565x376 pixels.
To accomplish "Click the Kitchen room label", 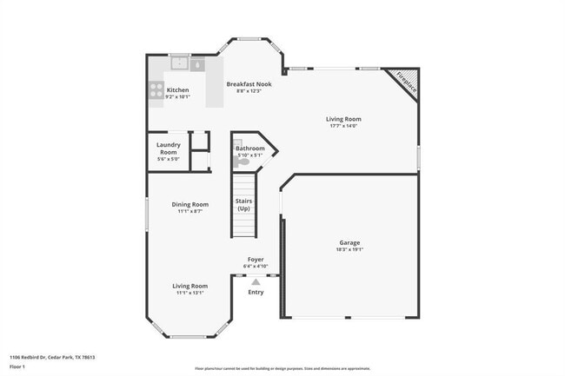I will [177, 89].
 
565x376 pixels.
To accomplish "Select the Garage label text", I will [349, 242].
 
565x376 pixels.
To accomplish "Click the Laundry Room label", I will [168, 148].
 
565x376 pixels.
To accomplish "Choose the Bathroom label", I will [250, 148].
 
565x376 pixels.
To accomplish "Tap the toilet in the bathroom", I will [242, 162].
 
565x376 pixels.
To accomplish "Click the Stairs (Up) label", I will [244, 205].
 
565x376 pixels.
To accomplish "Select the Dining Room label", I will [189, 204].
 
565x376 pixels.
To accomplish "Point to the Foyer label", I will [256, 259].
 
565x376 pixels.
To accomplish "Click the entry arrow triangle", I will [256, 281].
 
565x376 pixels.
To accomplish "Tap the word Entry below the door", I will [256, 292].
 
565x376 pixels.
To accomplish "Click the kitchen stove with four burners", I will [156, 89].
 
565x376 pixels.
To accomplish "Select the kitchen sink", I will [180, 63].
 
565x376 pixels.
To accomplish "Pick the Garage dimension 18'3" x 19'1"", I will [349, 249].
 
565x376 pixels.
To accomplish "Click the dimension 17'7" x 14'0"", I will [343, 126].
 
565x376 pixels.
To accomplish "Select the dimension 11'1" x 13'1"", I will [189, 293].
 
